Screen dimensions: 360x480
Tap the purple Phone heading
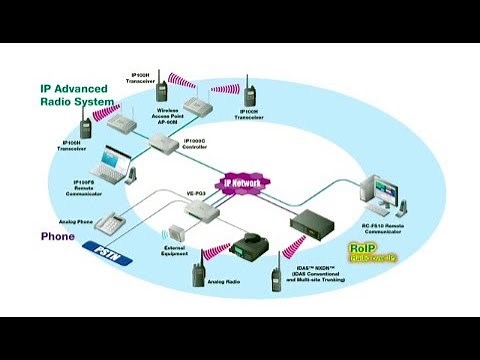58,237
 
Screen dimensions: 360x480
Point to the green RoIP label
359,247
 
